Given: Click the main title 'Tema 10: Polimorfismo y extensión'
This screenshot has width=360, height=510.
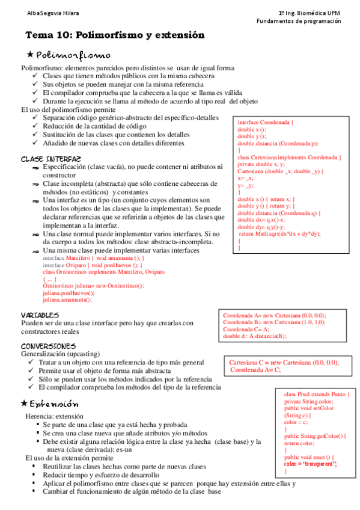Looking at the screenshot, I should pos(114,35).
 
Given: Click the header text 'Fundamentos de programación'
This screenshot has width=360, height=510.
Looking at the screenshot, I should pos(298,20).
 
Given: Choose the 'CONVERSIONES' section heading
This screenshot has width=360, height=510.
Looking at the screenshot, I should pos(48,346).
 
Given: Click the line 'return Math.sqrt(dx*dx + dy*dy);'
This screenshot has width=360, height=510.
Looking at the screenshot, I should pos(279,233).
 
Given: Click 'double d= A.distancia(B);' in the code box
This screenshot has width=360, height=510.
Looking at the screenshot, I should pos(255,337).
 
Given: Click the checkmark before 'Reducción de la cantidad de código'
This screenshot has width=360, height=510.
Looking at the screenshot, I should pos(35,126).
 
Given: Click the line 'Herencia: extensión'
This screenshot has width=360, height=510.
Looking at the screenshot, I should pos(54,416).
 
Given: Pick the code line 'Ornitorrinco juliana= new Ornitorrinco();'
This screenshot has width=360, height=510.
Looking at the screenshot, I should pos(93,286).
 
